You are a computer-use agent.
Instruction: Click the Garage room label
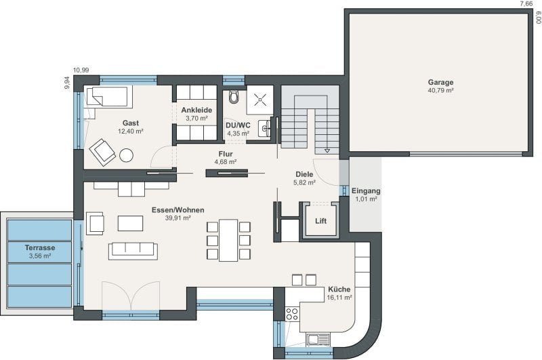tap(441, 82)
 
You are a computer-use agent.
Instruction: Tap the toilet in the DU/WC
tap(234, 97)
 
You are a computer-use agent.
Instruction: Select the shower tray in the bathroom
tap(260, 100)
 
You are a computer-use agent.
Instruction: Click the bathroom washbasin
tap(266, 128)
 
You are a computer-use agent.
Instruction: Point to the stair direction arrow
tap(327, 151)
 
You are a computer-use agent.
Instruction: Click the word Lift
tap(320, 221)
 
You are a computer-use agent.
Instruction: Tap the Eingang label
tap(366, 191)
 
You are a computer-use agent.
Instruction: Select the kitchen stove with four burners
tap(292, 314)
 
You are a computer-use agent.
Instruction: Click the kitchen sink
tap(318, 340)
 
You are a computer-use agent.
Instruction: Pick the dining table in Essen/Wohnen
tap(228, 240)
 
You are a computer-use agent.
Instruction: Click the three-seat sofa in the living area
tap(133, 251)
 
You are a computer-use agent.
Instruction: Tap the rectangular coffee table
tap(130, 224)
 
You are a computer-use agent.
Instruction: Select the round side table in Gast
tap(126, 155)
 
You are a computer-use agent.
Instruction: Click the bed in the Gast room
tap(109, 96)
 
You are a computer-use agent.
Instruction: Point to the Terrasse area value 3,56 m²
tap(40, 256)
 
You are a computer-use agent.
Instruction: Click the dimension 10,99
tap(81, 71)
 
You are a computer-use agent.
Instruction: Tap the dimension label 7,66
tap(526, 4)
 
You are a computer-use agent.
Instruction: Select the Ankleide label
tap(196, 110)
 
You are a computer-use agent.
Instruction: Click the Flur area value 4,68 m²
tap(226, 161)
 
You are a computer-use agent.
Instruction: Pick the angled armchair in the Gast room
tap(102, 151)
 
